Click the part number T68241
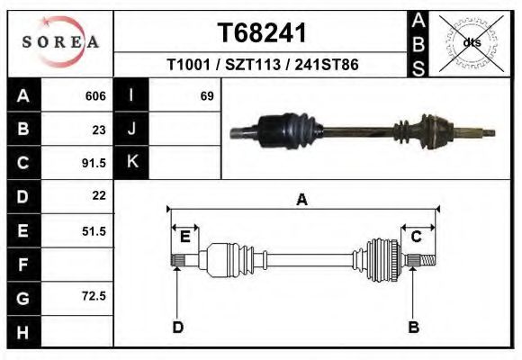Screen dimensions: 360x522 pyautogui.click(x=262, y=33)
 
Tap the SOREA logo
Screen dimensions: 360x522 pyautogui.click(x=60, y=42)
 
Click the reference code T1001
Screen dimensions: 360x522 pyautogui.click(x=191, y=67)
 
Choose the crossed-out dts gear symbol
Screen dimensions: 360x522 pyautogui.click(x=472, y=42)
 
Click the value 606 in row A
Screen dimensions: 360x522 pyautogui.click(x=95, y=95)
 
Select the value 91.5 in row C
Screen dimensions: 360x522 pyautogui.click(x=94, y=163)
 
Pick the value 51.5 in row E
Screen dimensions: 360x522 pyautogui.click(x=94, y=231)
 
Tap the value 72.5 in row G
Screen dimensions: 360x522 pyautogui.click(x=94, y=296)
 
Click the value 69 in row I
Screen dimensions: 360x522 pyautogui.click(x=206, y=95)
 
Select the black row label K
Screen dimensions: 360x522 pyautogui.click(x=131, y=162)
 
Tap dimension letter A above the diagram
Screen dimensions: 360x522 pyautogui.click(x=302, y=200)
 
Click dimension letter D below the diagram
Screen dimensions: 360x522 pyautogui.click(x=178, y=327)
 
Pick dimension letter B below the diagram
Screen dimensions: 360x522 pyautogui.click(x=414, y=327)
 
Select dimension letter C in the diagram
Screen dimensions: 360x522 pyautogui.click(x=417, y=237)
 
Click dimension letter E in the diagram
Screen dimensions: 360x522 pyautogui.click(x=184, y=237)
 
